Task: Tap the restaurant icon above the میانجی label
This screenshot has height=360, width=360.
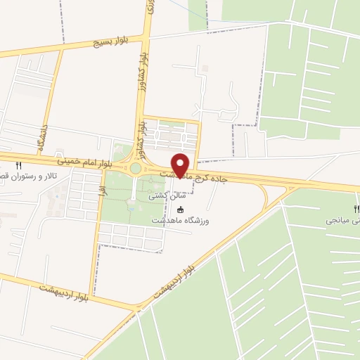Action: coord(356,209)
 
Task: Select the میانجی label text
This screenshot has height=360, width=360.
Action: coord(342,220)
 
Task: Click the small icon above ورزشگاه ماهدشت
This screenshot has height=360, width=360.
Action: coord(181,210)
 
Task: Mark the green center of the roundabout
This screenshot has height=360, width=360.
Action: coord(134,168)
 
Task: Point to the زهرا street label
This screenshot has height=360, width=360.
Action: coord(103,190)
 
